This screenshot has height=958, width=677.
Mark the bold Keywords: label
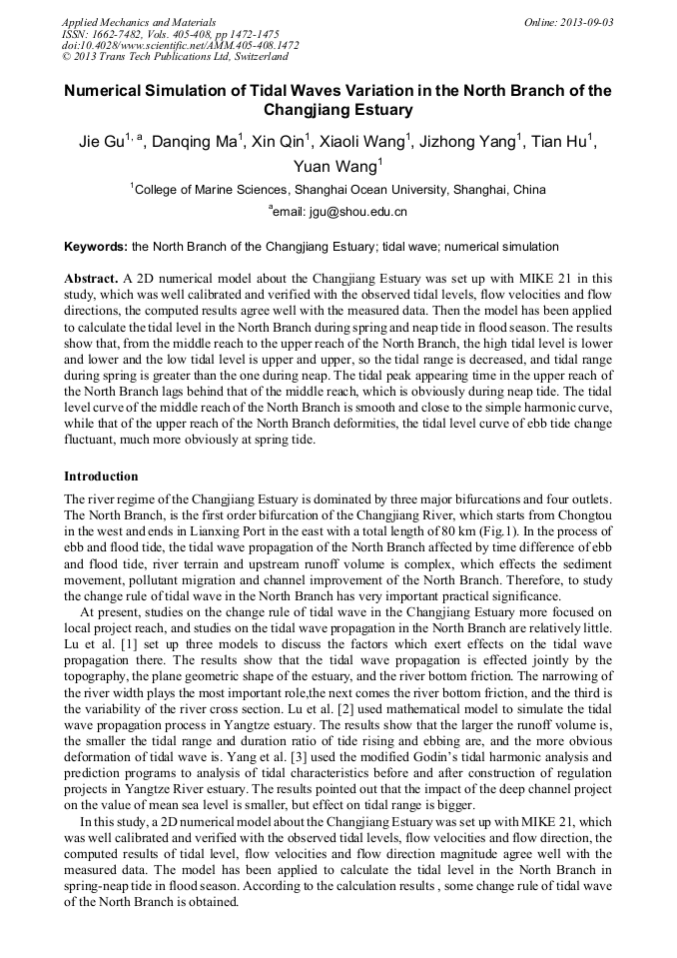click(x=96, y=246)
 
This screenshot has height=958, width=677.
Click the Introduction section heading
click(x=101, y=477)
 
